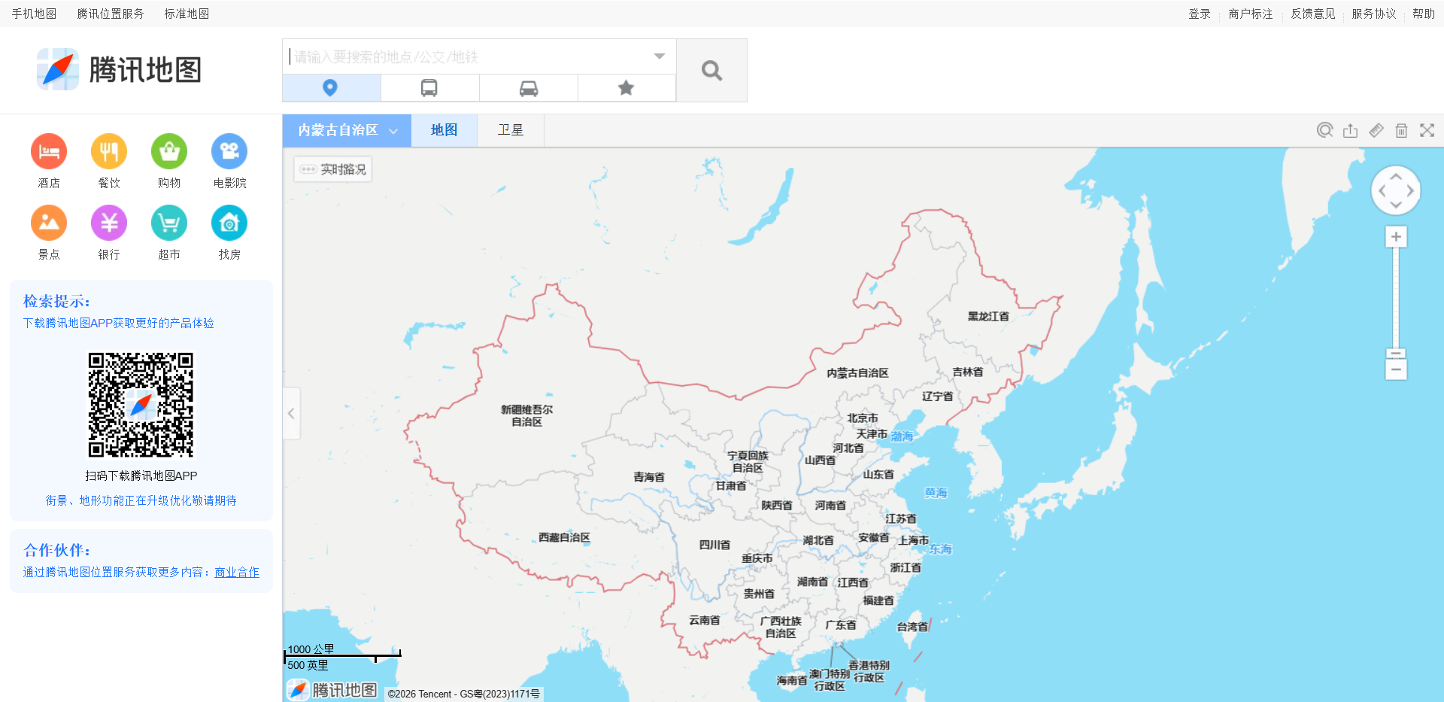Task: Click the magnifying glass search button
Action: click(711, 71)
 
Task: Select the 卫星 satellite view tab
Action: click(510, 130)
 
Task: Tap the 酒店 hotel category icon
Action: click(49, 152)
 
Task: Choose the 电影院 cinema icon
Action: click(229, 152)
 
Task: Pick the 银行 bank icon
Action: click(109, 223)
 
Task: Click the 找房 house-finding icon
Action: click(229, 223)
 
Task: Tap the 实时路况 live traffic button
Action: click(333, 169)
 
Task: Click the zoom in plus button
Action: click(1396, 237)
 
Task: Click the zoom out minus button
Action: click(1396, 369)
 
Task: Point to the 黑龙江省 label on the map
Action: click(988, 317)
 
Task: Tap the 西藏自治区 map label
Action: click(564, 537)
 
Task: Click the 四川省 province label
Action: click(714, 545)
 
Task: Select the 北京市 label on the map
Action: click(862, 418)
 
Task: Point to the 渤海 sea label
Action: click(902, 436)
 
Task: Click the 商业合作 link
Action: click(237, 573)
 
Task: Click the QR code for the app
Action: click(141, 405)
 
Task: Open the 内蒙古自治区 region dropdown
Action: click(347, 130)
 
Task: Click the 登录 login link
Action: click(1199, 14)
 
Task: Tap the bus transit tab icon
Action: click(429, 88)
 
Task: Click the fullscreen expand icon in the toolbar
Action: click(1427, 130)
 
